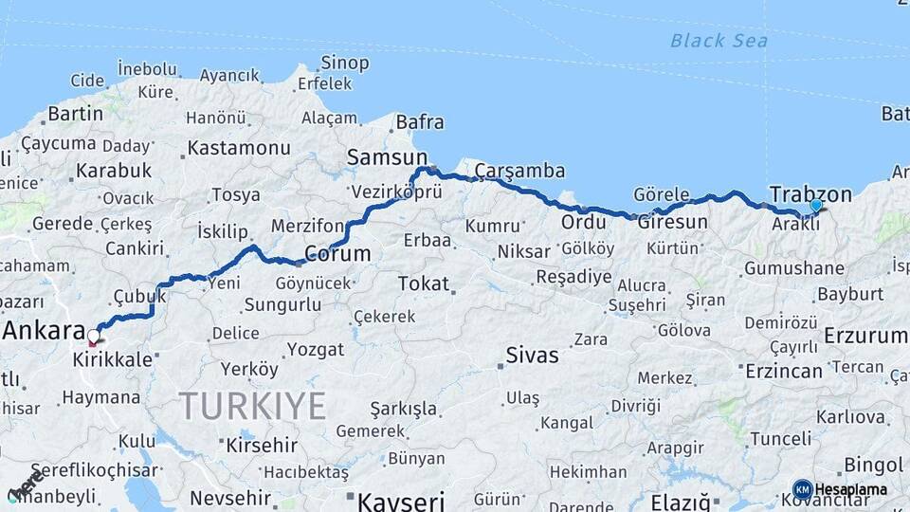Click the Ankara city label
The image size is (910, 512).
[44, 331]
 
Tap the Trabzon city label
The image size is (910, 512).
[810, 193]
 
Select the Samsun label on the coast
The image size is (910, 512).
[387, 157]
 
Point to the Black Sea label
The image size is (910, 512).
[719, 40]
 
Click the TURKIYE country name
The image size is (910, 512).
[253, 406]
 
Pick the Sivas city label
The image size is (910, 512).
[532, 356]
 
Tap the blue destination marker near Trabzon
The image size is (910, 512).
[815, 205]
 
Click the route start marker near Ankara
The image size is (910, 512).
[93, 337]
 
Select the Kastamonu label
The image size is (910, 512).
[239, 148]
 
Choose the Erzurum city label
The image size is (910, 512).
[864, 335]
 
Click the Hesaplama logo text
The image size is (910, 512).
[850, 490]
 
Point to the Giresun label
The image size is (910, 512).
[672, 223]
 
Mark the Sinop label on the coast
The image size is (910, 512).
[344, 64]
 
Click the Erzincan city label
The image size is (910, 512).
[783, 371]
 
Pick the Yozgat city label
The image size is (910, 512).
[316, 350]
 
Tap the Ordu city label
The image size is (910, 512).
[583, 222]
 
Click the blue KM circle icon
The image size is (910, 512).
[802, 490]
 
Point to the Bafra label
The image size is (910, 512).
[419, 122]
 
